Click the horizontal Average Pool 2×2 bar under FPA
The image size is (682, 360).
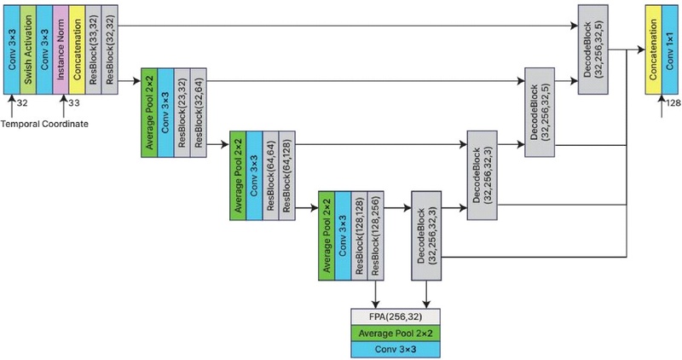(391, 332)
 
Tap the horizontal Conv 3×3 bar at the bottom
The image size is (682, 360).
(391, 350)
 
